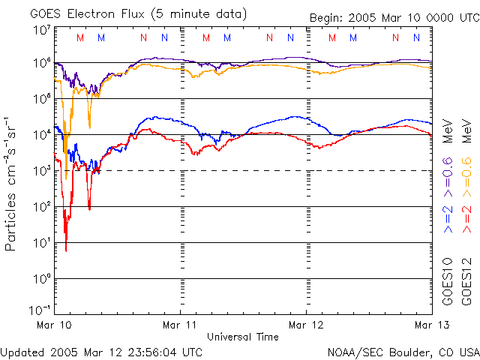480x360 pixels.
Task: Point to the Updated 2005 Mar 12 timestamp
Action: [101, 351]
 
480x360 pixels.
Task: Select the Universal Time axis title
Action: [244, 337]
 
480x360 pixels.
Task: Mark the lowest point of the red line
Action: [66, 250]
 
